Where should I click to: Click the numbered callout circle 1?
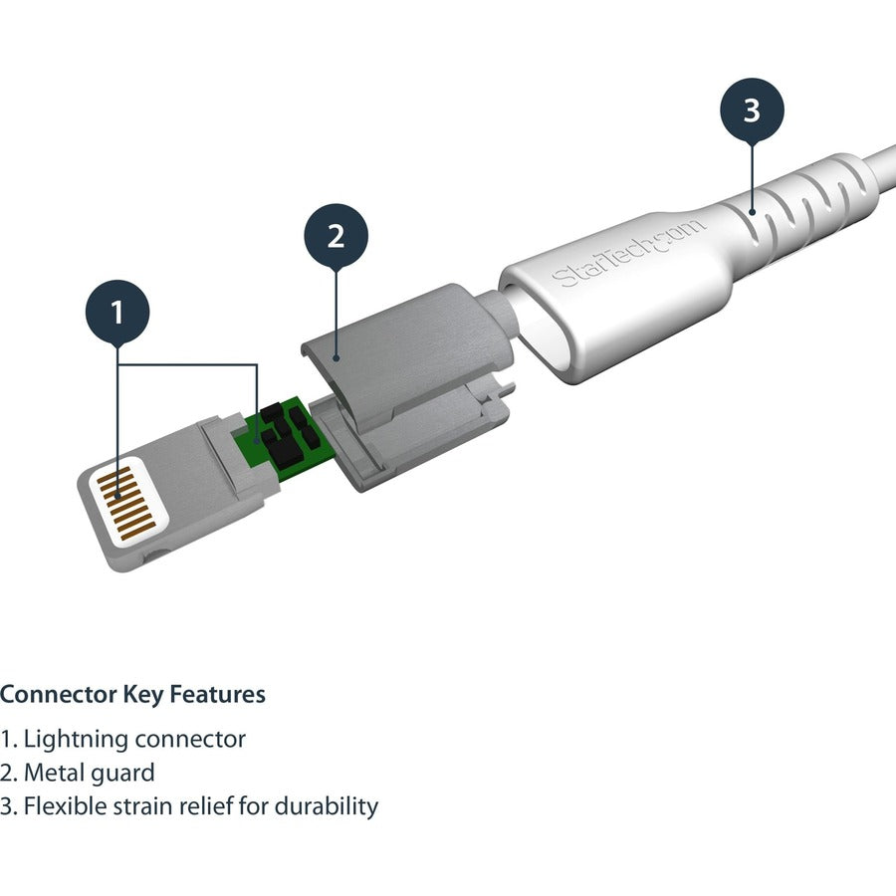(117, 313)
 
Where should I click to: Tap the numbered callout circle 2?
(336, 236)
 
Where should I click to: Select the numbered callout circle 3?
(752, 111)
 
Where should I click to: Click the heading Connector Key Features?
(132, 694)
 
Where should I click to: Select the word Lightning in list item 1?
(75, 740)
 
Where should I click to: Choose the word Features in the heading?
(222, 694)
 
